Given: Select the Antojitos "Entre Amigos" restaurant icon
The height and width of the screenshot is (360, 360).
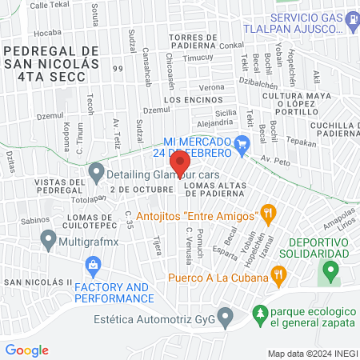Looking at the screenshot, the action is coord(268,214).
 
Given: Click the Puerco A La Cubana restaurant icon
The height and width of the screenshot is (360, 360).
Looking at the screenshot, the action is coord(279,278).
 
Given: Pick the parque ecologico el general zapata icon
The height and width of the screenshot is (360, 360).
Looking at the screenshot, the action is coord(259,313).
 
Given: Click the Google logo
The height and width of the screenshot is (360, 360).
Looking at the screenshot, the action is coord(26,350).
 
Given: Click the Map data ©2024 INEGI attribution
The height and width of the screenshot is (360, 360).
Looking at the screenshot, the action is coord(311,353).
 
